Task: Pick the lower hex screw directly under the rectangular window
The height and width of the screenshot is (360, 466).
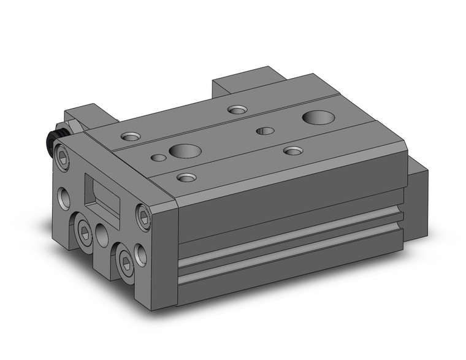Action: click(x=83, y=229)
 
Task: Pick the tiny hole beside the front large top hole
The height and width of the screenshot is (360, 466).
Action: click(x=158, y=158)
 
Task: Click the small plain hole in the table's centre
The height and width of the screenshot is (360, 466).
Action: click(x=265, y=130)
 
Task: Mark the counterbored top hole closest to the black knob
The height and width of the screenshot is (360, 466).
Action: click(x=131, y=136)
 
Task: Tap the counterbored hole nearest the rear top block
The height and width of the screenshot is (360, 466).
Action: click(x=236, y=110)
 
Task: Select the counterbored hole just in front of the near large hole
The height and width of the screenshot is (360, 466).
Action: click(x=186, y=178)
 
